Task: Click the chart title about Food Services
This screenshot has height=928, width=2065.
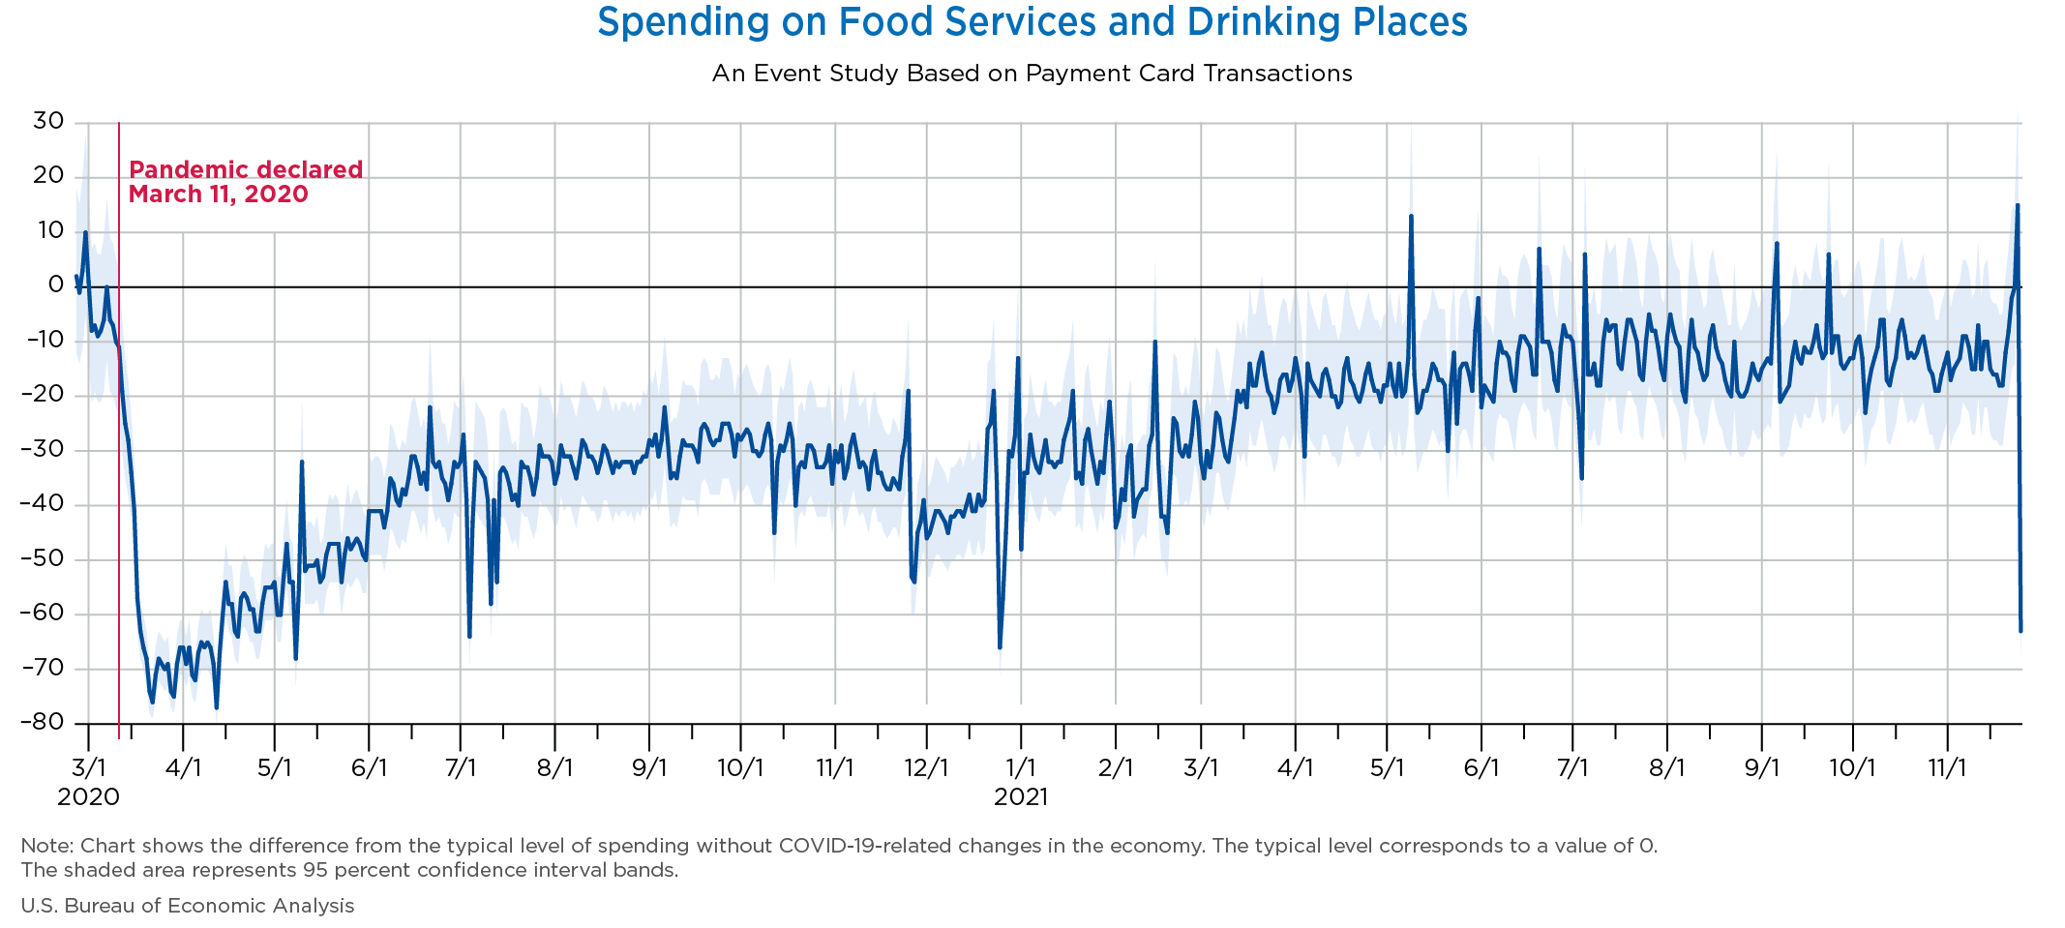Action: tap(1032, 22)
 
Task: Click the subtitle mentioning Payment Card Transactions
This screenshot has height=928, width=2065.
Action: tap(1032, 74)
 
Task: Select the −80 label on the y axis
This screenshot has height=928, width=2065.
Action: tap(42, 723)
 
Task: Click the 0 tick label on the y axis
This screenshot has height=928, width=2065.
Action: tap(55, 285)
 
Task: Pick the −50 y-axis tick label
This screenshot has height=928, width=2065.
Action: tap(42, 559)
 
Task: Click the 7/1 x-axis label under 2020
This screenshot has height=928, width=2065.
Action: tap(461, 769)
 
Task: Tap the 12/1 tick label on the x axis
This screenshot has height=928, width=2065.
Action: tap(926, 769)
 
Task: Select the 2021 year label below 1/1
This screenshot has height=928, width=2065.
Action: tap(1021, 797)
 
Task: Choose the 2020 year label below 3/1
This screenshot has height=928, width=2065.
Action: tap(88, 797)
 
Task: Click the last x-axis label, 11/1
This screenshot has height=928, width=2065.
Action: tap(1947, 769)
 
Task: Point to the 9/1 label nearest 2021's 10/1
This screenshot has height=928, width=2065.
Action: tap(1761, 769)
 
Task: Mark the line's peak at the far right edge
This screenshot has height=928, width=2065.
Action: tap(2017, 205)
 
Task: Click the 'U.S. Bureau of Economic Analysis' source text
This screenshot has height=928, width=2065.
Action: tap(188, 906)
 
